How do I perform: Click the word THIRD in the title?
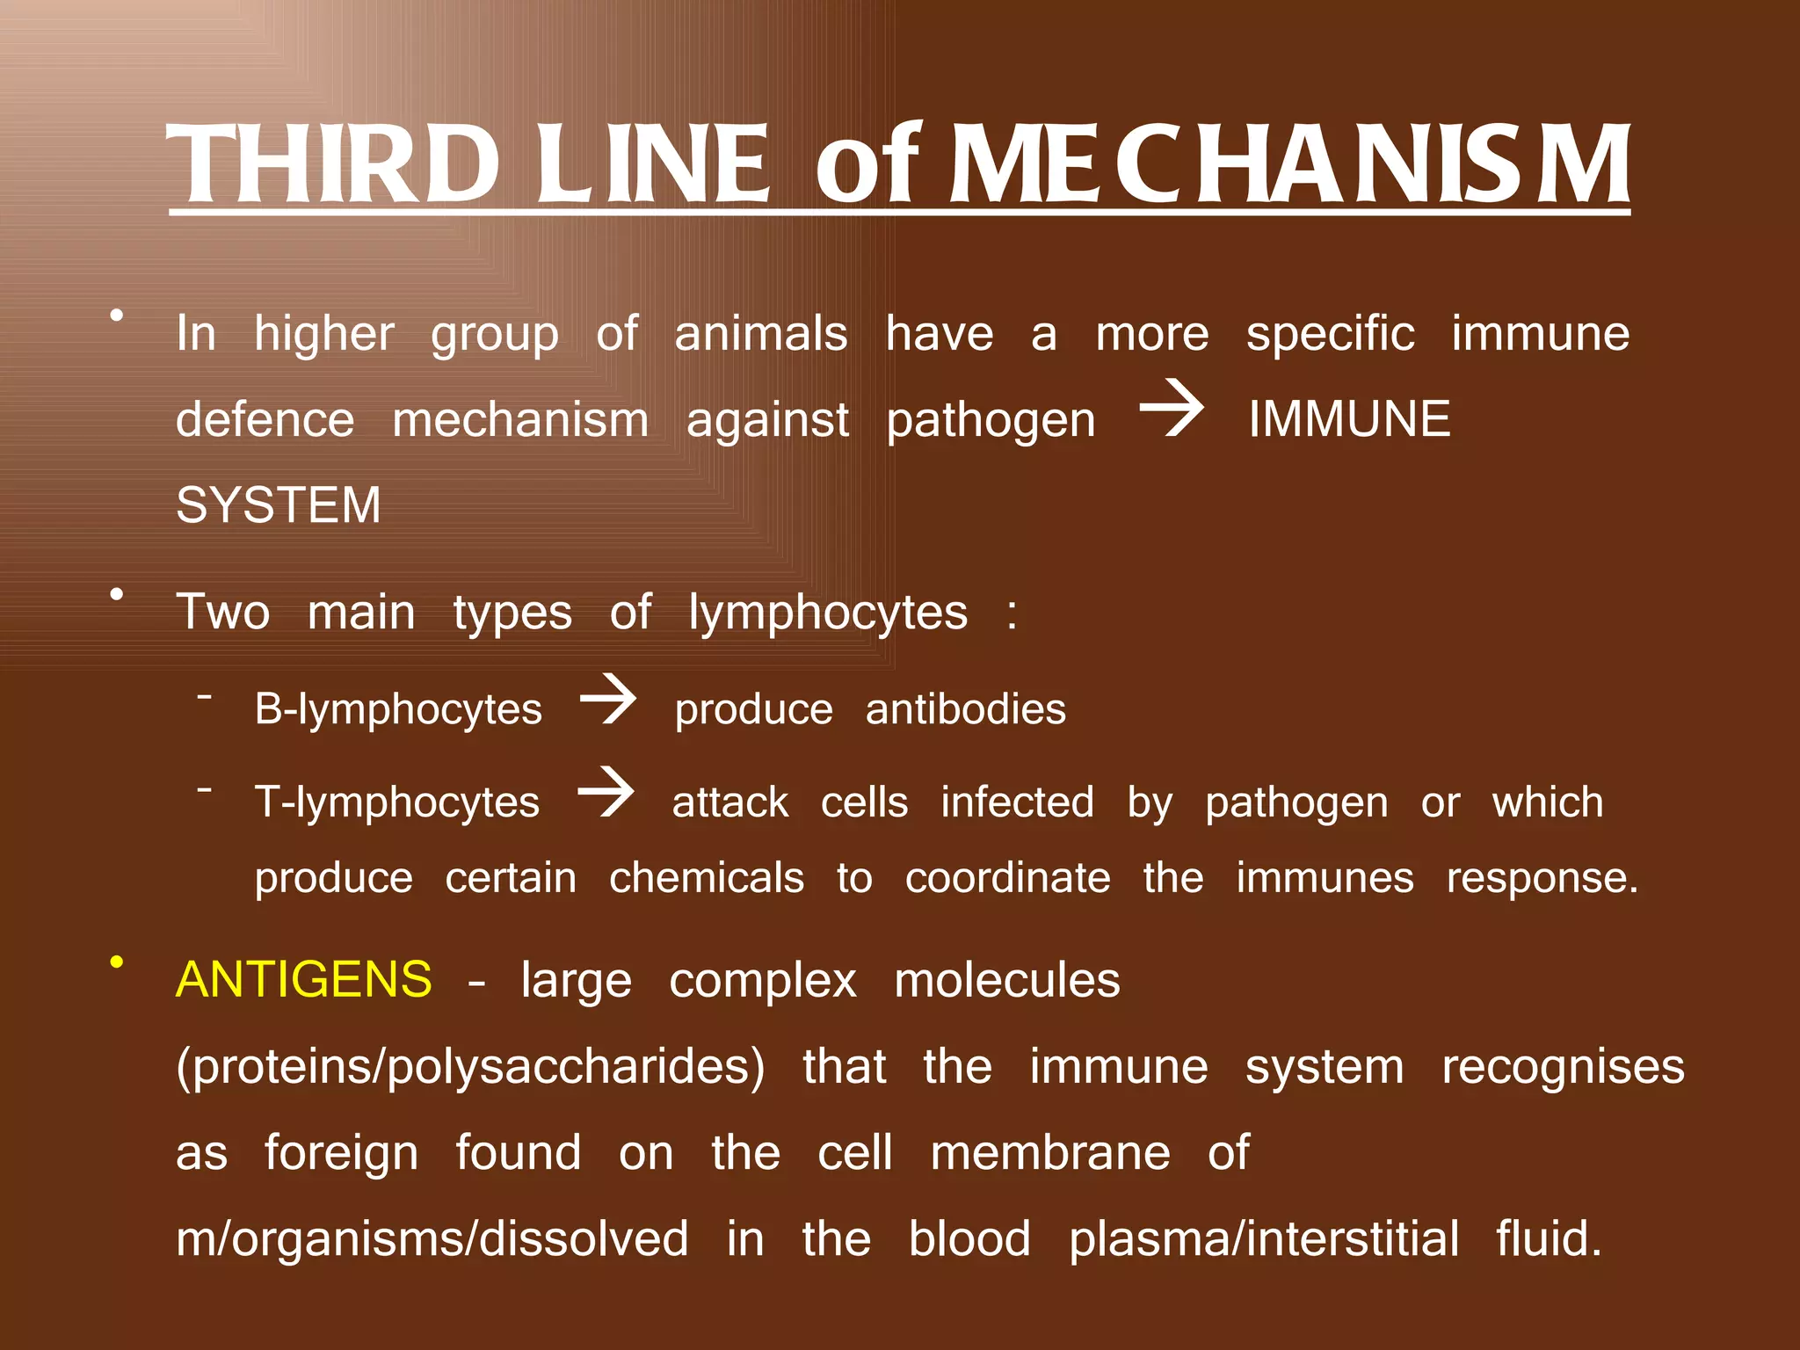[x=333, y=163]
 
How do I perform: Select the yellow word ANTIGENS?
[x=304, y=979]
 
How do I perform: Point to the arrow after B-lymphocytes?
[x=608, y=700]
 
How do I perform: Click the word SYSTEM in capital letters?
[x=279, y=504]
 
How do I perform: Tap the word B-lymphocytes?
[x=398, y=709]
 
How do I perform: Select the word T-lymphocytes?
[x=397, y=802]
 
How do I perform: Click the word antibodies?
[x=965, y=709]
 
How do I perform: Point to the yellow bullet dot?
[x=116, y=962]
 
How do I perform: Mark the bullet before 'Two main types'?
[x=116, y=595]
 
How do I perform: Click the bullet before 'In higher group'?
[x=116, y=316]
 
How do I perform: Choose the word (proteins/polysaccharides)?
[x=470, y=1067]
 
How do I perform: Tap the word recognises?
[x=1563, y=1067]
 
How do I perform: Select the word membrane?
[x=1050, y=1152]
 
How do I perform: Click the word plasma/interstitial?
[x=1264, y=1238]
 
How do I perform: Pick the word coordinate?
[x=1007, y=878]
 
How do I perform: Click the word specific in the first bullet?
[x=1330, y=335]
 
